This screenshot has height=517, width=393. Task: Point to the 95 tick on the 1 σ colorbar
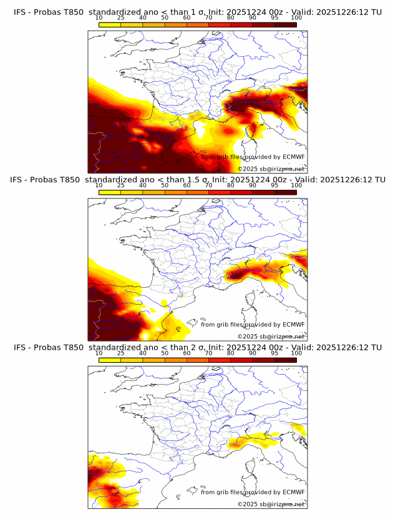274,18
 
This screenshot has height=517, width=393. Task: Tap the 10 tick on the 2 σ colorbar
99,353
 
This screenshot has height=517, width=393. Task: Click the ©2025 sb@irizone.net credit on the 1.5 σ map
271,336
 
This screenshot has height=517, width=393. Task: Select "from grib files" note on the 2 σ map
223,492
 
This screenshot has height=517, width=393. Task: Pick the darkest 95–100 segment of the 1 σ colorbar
285,24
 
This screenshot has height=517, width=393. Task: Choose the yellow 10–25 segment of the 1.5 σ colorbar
110,192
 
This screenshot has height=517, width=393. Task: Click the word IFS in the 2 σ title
20,347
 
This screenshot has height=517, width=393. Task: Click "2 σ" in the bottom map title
187,347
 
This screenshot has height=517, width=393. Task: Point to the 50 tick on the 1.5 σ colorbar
165,185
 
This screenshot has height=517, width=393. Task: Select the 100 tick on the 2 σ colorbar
296,353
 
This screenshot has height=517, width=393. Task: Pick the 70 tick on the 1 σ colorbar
208,18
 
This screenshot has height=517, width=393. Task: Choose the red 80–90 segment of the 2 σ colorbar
241,359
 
